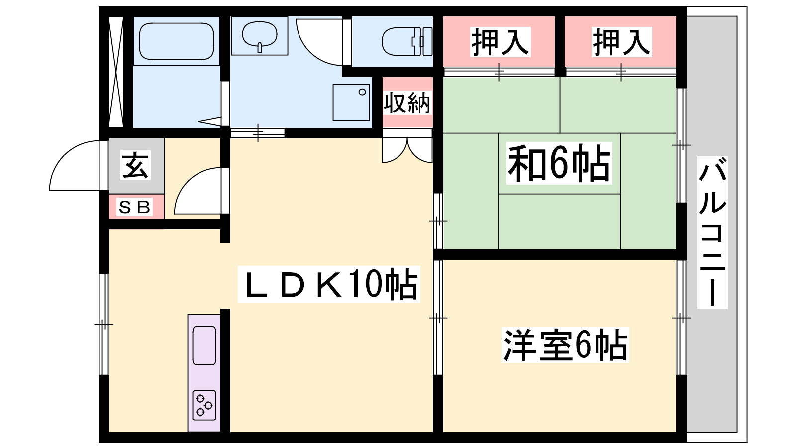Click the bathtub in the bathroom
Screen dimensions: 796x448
tap(177, 41)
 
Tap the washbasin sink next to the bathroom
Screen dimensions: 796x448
tap(259, 36)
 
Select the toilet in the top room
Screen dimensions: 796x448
tap(407, 41)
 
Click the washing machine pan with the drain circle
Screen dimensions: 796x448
tap(351, 103)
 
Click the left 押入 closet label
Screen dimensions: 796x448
tap(500, 42)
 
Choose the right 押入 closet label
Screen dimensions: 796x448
tap(621, 42)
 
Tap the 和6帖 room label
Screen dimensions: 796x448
tap(559, 163)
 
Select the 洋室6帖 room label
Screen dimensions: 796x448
tap(565, 345)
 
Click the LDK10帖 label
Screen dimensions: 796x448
tap(329, 284)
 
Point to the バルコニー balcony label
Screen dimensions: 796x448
tap(712, 232)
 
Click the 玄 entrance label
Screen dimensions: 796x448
tap(135, 165)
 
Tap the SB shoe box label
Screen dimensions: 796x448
tap(135, 207)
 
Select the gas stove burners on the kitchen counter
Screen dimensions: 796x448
tap(204, 405)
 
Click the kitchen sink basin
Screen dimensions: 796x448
tap(204, 345)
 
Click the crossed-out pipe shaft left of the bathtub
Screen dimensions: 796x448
tap(115, 72)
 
